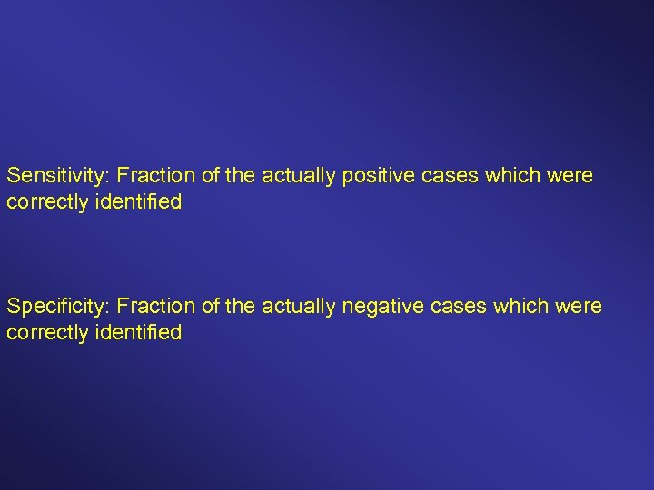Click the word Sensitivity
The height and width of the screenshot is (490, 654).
(56, 176)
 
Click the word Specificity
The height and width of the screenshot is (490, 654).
(57, 307)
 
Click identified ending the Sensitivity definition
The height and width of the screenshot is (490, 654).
(137, 202)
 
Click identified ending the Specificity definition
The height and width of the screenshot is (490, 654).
(137, 332)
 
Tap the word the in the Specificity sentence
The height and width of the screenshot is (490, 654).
(241, 307)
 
